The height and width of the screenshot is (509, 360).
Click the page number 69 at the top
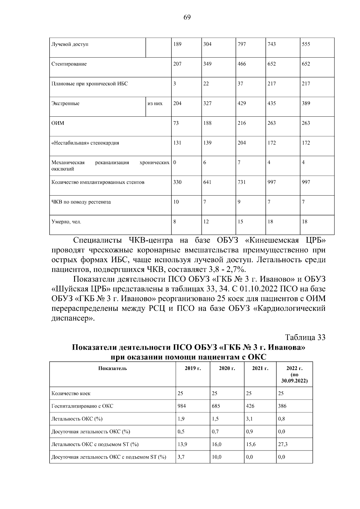coord(187,17)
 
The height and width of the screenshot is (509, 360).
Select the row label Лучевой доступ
coord(70,44)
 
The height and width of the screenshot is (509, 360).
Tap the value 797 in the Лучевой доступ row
coord(241,44)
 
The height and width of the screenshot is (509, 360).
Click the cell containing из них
coord(155,103)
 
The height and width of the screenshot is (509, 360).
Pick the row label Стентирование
coord(69,64)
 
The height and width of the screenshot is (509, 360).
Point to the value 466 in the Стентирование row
coord(241,64)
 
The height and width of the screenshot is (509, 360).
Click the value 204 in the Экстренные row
coord(177,103)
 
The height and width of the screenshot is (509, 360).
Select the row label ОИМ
coord(58,123)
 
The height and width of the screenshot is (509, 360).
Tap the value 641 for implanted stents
coord(207,182)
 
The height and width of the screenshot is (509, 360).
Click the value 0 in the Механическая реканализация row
coord(175,163)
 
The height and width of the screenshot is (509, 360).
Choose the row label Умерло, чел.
coord(66,222)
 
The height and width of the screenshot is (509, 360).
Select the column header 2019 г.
coord(193,368)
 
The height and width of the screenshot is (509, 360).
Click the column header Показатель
coord(112,368)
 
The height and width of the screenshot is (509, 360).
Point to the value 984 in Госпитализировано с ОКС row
coord(181,406)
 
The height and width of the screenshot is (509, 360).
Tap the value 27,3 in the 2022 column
coord(283,444)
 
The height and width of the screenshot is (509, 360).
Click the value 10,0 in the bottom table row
coord(216,457)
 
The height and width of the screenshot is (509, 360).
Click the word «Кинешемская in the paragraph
coord(273,241)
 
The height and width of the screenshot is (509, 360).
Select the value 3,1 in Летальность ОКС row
coord(249,419)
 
